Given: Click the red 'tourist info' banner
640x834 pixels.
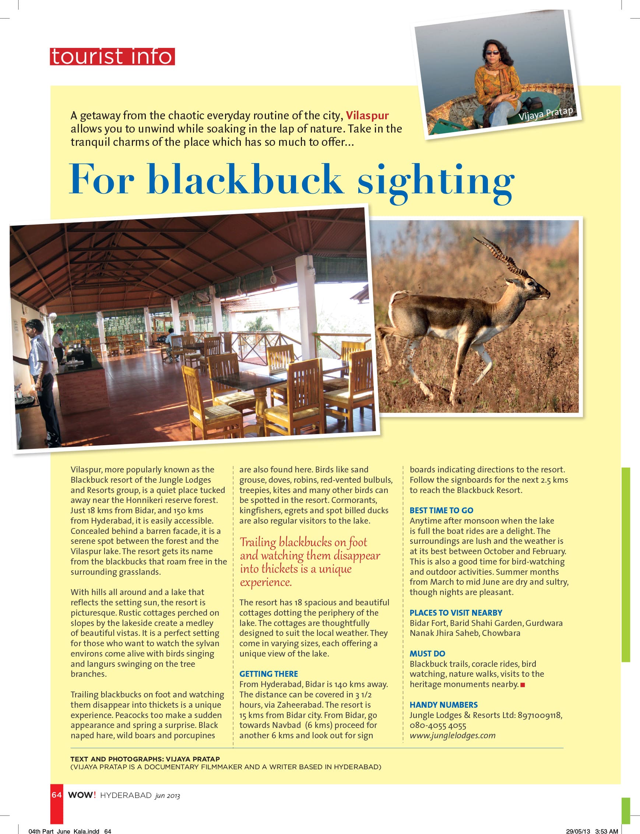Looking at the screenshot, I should point(112,57).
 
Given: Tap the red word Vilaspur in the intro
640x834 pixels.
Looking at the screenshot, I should point(367,115).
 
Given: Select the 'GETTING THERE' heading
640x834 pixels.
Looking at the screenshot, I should point(268,674).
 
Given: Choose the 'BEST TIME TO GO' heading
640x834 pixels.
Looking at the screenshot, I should point(441,510).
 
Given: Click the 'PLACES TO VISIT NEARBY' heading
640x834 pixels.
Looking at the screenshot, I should point(456,613).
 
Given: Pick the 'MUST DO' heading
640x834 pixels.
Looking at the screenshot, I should point(427,654).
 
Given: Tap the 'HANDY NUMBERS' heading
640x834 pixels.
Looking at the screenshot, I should point(443,705).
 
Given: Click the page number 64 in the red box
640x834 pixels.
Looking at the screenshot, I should point(56,795).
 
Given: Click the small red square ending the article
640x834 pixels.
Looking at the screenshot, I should point(523,685).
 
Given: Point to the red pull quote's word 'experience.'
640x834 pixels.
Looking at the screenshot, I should point(266,582).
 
